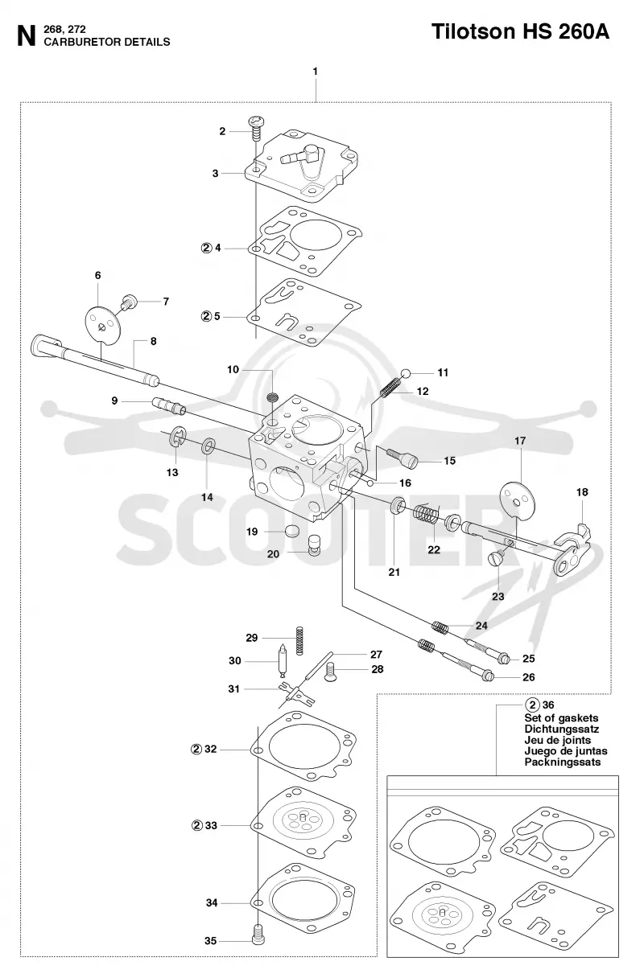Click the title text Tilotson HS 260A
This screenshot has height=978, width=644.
pyautogui.click(x=520, y=32)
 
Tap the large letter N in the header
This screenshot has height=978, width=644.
pyautogui.click(x=27, y=36)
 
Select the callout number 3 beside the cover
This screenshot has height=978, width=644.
pyautogui.click(x=216, y=174)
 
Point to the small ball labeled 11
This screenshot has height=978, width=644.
pyautogui.click(x=406, y=373)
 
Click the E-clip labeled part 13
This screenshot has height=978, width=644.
pyautogui.click(x=178, y=437)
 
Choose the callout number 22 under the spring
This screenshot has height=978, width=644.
pyautogui.click(x=434, y=549)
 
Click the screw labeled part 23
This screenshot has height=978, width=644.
pyautogui.click(x=497, y=557)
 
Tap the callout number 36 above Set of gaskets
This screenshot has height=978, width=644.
pyautogui.click(x=548, y=705)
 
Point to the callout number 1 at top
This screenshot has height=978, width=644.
pyautogui.click(x=316, y=71)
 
